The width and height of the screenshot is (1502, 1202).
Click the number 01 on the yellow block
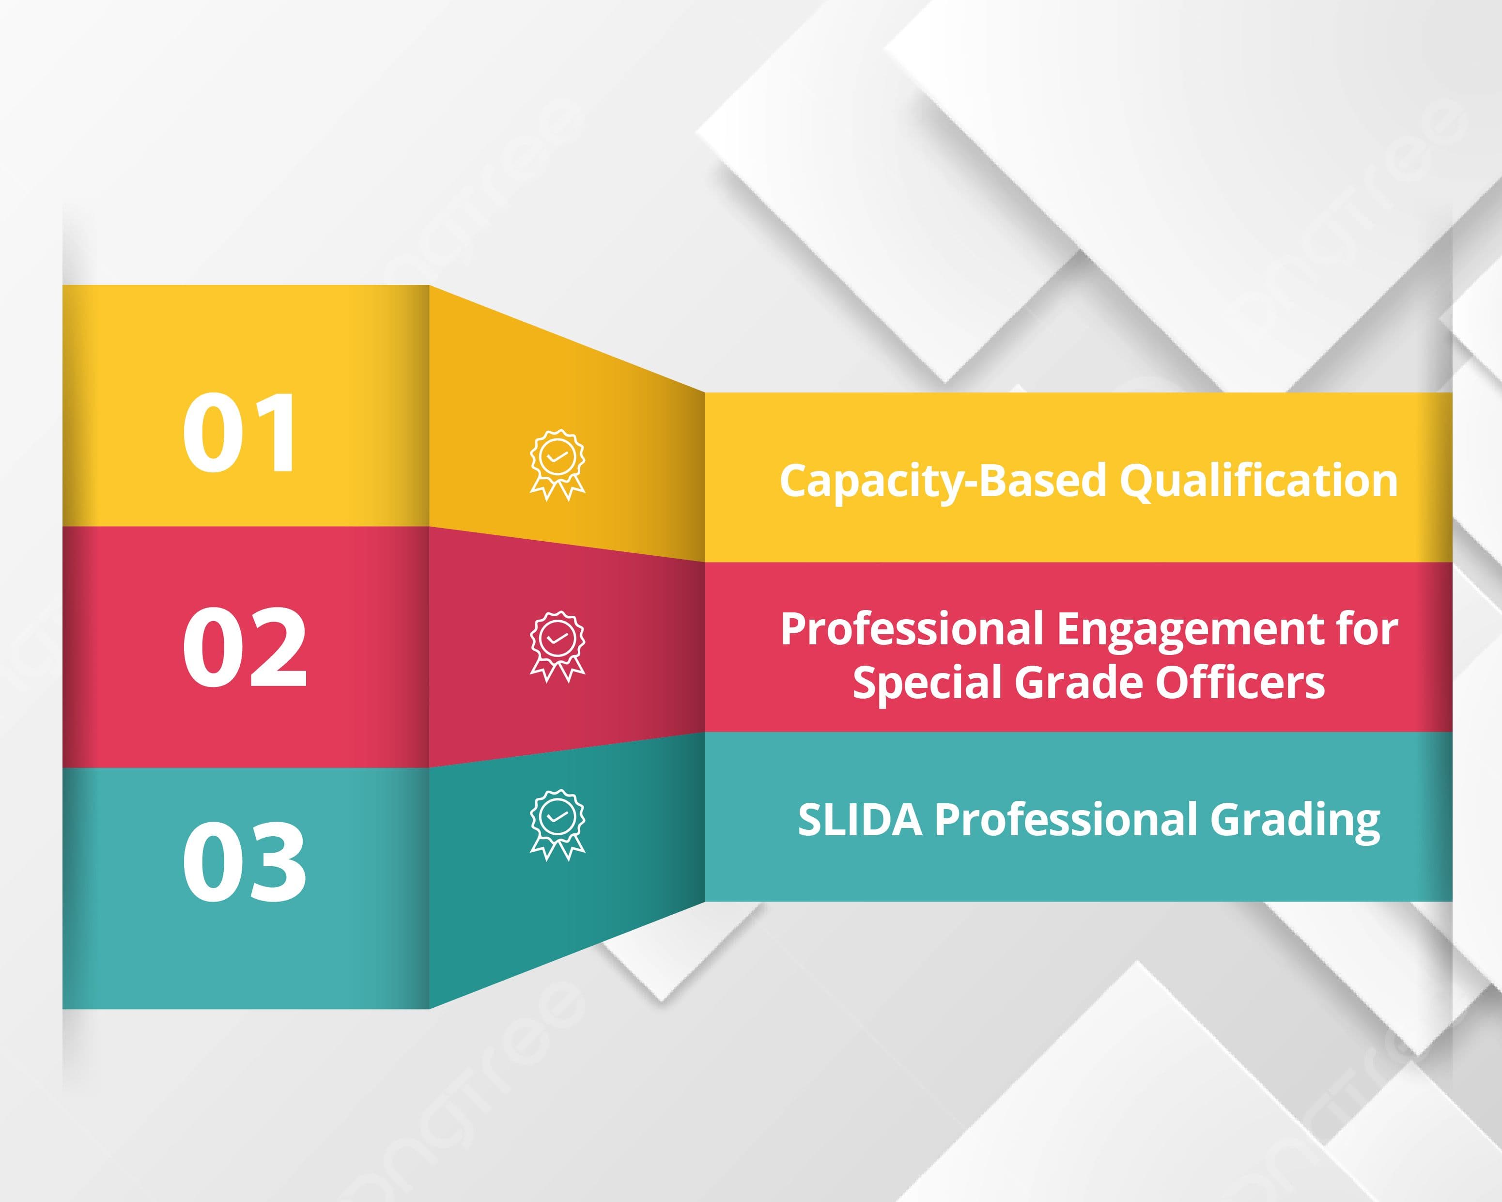pos(240,432)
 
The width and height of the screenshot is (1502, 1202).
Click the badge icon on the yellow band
pos(557,465)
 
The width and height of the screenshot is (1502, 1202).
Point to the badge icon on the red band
pos(557,647)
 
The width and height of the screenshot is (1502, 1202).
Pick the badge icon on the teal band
pos(557,825)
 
